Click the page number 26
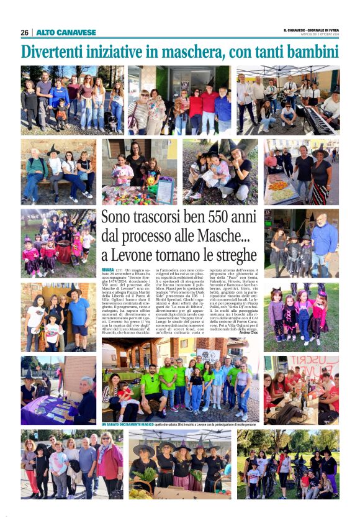(x=25, y=32)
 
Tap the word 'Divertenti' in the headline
(x=60, y=52)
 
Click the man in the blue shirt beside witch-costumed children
(x=324, y=239)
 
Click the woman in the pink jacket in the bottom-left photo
(x=110, y=463)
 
